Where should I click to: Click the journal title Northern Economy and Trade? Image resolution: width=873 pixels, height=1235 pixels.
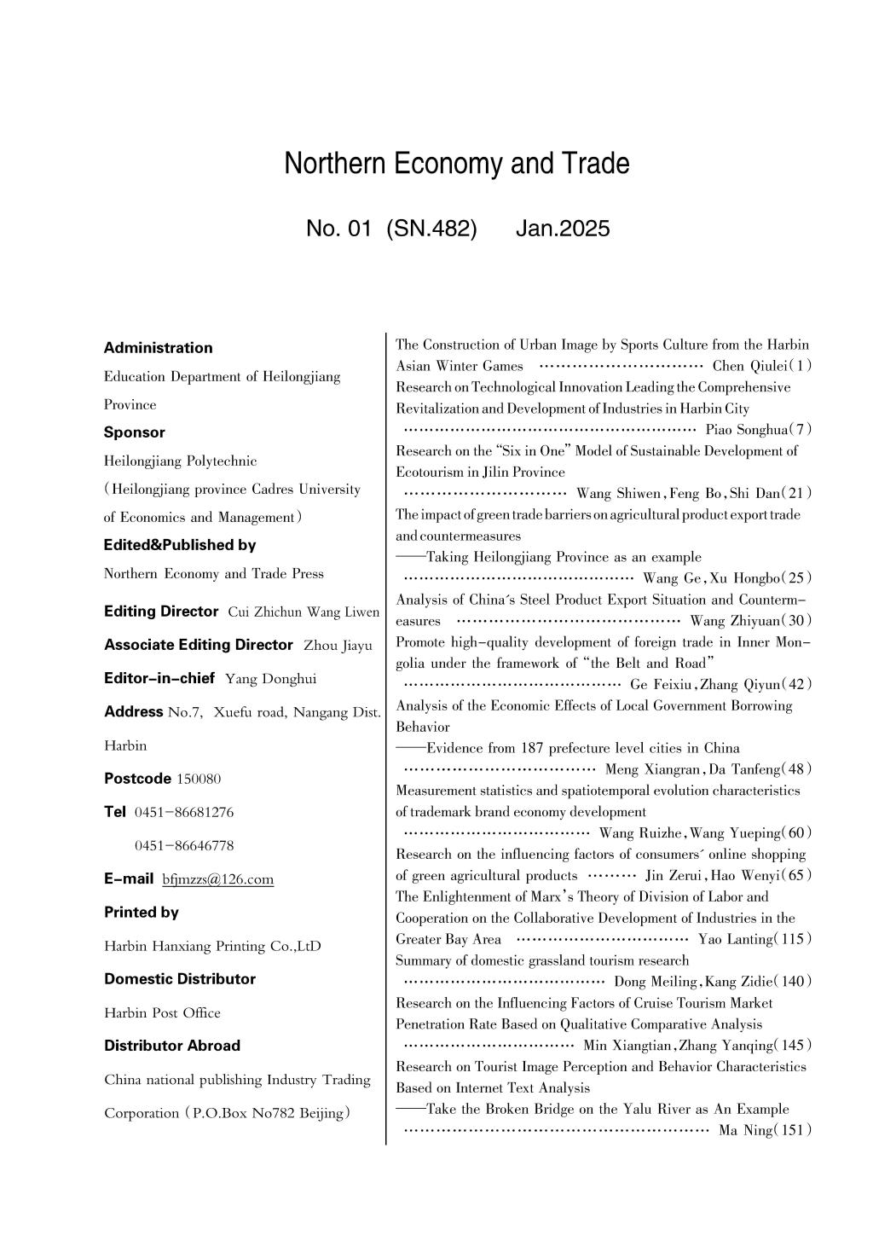click(456, 164)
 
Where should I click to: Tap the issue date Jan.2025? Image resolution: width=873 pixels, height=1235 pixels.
click(563, 229)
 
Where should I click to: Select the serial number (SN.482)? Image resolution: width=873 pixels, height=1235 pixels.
click(431, 229)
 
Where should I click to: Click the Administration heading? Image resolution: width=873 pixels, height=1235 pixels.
click(158, 348)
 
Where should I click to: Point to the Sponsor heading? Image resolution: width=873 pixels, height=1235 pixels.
click(135, 432)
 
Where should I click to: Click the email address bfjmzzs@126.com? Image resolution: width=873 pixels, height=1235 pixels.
click(218, 879)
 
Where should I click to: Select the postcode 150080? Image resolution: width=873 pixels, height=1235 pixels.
click(199, 779)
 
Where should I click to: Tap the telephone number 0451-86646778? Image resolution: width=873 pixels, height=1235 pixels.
click(184, 846)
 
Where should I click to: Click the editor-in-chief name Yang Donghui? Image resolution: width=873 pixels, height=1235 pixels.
click(270, 679)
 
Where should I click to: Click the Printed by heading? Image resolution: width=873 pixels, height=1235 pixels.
click(142, 913)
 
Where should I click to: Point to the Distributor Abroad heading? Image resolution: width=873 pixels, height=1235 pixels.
click(172, 1046)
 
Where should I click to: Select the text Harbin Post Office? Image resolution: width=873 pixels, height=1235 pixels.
click(162, 1013)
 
